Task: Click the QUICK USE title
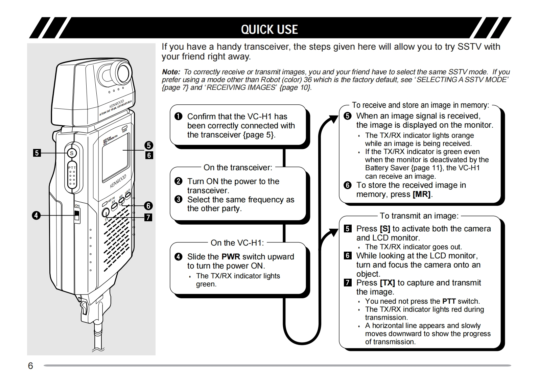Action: (x=269, y=29)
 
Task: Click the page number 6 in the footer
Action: (x=30, y=366)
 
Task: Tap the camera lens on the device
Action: (x=121, y=72)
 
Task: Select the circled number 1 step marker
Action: (x=178, y=117)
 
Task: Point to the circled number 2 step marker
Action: (x=178, y=181)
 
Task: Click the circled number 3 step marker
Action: (x=178, y=200)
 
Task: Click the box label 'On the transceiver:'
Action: (x=238, y=168)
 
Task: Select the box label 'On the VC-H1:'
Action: (x=237, y=243)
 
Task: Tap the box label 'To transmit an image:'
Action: (x=419, y=216)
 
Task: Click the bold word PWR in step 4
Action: (x=231, y=257)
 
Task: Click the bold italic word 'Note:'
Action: (x=171, y=72)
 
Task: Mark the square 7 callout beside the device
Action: (x=148, y=217)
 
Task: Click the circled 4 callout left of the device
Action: (x=36, y=215)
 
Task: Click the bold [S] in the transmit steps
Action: (x=385, y=229)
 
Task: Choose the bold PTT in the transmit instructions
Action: (x=449, y=301)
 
